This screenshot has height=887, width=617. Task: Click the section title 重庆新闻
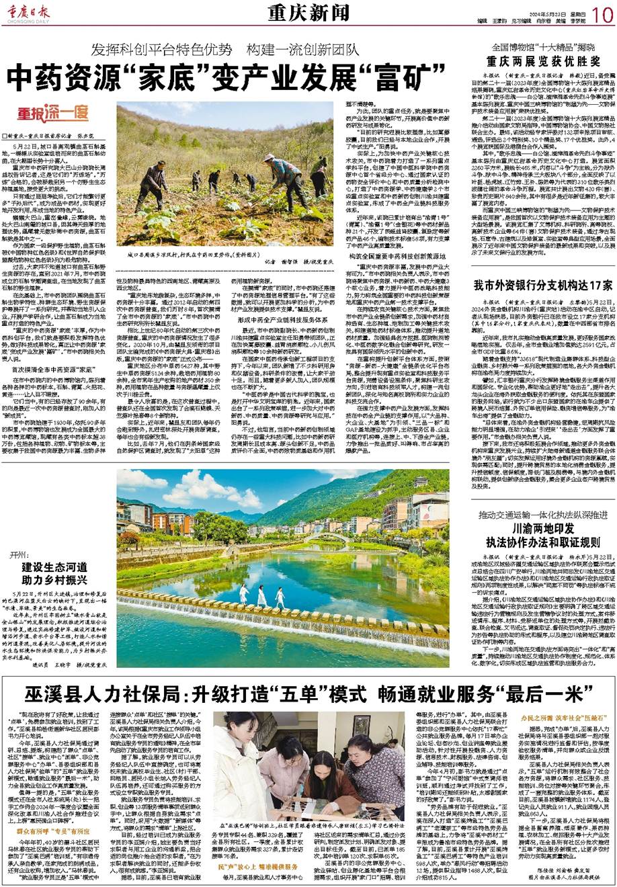[300, 12]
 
